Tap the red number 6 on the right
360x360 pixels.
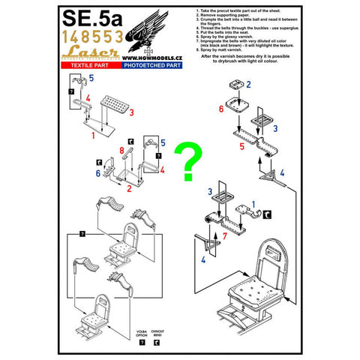pos(221,109)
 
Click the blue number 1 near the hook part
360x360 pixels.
pos(251,205)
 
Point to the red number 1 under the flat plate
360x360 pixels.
pos(93,136)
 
